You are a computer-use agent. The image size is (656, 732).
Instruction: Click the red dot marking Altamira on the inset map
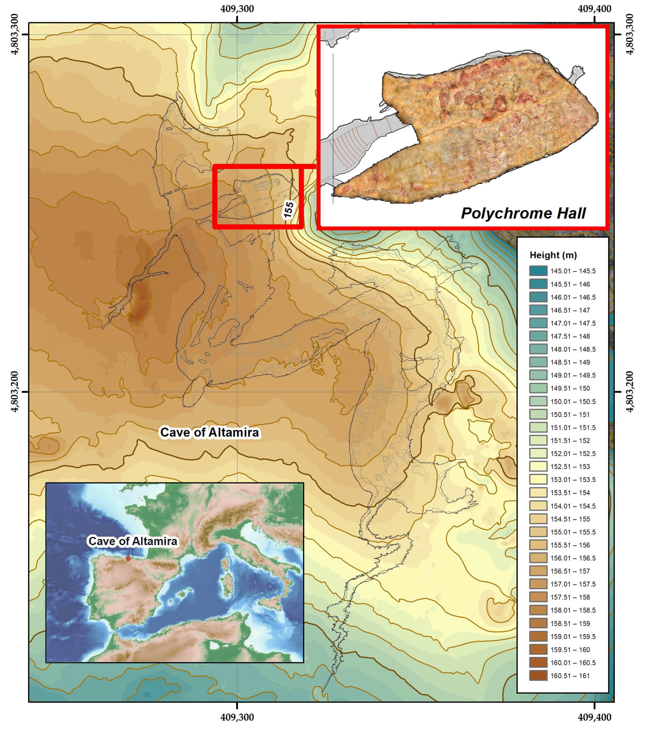point(128,558)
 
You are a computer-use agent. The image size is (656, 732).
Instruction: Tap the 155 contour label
point(289,210)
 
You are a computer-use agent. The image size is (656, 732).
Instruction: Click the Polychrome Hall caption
point(523,213)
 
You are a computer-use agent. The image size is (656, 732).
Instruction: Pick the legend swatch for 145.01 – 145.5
point(538,271)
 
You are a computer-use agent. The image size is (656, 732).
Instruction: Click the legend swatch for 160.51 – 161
point(538,676)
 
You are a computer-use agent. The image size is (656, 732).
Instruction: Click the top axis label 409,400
point(594,9)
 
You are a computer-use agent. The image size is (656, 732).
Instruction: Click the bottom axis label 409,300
point(237,717)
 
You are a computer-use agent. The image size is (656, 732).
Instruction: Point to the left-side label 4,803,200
point(14,391)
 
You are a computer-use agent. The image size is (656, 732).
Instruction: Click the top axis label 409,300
point(237,9)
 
